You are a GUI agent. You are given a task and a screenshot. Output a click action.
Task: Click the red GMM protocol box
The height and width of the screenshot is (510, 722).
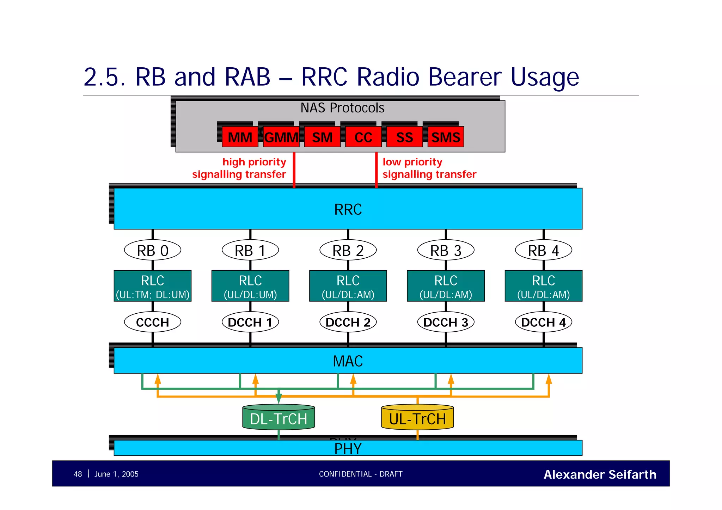pos(281,137)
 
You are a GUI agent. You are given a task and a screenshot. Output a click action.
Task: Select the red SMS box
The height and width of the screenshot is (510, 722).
pos(446,137)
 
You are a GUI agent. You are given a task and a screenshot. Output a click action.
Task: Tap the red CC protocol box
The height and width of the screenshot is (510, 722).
pos(363,137)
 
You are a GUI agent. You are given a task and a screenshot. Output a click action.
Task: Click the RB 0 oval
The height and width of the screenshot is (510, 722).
pos(153,251)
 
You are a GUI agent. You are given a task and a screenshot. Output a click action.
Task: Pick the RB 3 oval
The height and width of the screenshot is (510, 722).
pos(446,251)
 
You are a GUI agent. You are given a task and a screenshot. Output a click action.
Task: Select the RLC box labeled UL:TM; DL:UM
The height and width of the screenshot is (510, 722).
pos(153,286)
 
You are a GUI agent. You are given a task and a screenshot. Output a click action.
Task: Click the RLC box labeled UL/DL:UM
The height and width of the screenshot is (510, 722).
pos(250,286)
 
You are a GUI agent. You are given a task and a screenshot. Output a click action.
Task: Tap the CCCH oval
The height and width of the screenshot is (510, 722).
pos(153,322)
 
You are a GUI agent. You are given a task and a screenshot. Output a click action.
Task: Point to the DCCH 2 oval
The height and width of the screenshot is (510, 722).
pos(348,322)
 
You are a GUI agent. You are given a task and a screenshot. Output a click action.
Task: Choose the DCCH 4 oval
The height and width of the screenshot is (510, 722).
pos(543,322)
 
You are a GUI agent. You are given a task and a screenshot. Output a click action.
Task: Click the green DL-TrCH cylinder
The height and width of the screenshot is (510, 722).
pos(279,418)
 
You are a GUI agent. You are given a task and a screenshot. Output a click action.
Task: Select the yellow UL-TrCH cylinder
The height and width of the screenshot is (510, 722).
pos(417,418)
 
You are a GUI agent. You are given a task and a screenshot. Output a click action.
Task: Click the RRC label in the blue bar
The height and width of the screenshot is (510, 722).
pos(348,209)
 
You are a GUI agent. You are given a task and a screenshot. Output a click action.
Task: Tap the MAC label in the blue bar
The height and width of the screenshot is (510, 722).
pos(348,361)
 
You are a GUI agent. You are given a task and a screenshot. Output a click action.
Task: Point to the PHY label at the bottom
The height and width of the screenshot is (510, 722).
pos(348,449)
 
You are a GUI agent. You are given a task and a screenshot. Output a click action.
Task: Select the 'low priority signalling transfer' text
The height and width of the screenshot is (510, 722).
pos(429,168)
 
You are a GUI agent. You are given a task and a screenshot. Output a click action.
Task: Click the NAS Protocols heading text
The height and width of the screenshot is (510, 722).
pos(342,108)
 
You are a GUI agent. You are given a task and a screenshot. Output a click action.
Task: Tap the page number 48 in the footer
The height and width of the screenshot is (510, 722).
pos(78,474)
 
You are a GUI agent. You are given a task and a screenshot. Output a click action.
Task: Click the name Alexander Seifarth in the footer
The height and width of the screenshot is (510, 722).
pos(600,474)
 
